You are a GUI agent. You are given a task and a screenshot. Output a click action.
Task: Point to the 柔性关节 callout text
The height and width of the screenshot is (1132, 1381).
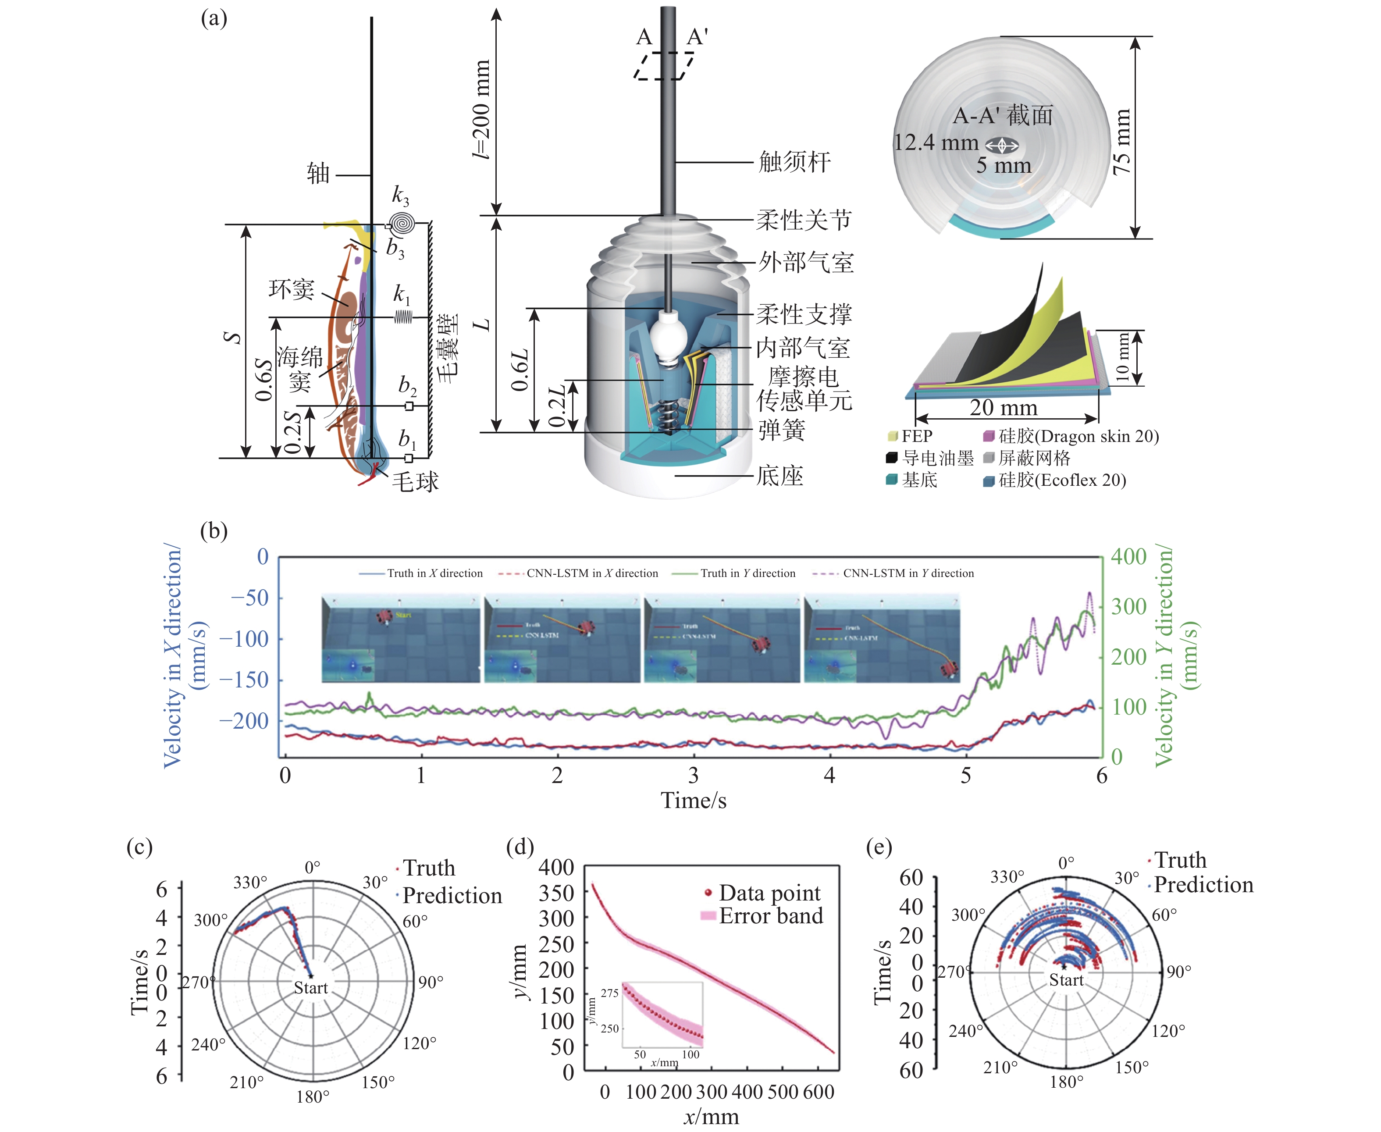click(803, 221)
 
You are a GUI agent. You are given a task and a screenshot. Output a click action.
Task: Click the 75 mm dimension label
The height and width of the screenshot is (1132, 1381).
click(1121, 142)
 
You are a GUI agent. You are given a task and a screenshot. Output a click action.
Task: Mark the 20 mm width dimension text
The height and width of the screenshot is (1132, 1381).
click(1003, 408)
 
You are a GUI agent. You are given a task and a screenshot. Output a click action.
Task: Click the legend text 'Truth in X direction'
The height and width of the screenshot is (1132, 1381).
click(434, 573)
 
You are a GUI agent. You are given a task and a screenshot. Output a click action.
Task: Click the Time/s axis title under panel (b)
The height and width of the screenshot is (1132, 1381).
click(693, 800)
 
